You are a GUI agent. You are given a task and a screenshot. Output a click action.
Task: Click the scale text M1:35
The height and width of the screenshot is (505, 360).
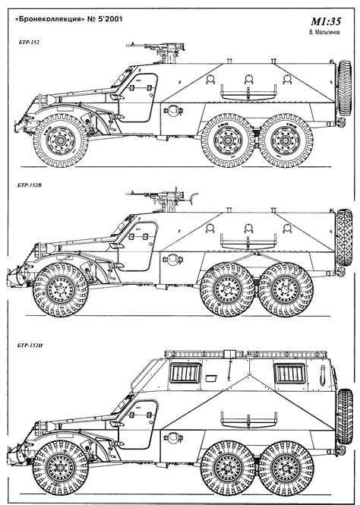point(326,21)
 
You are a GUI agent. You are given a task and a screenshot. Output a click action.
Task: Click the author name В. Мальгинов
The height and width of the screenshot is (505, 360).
point(324,32)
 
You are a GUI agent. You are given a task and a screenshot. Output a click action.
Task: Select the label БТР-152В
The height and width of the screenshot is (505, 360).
point(30,185)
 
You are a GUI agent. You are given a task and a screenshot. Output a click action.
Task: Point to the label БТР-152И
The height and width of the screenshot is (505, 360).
point(30,346)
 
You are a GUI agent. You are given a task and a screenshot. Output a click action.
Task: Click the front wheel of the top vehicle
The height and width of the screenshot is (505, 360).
point(60,140)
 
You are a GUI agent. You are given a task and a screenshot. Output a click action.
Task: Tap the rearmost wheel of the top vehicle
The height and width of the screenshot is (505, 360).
point(286,140)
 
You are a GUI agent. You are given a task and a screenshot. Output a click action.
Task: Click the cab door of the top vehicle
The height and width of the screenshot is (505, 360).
point(137,98)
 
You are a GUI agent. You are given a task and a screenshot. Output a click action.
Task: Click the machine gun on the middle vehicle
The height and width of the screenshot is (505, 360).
point(158,195)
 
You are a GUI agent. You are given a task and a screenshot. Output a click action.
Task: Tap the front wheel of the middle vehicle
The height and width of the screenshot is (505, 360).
point(60,289)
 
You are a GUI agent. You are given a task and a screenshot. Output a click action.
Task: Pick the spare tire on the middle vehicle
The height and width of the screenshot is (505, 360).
point(344,238)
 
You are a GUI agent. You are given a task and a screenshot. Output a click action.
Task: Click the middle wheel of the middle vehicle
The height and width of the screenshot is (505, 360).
point(228,289)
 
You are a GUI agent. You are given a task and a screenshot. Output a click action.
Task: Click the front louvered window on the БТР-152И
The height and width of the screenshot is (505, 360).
point(185,373)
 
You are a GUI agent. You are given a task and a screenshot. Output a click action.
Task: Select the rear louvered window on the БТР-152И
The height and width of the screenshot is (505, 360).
point(289,373)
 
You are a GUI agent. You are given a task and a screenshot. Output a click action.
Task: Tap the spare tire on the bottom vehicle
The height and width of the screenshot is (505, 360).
point(345,416)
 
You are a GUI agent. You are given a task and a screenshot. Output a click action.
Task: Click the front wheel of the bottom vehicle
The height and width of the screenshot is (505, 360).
point(60,468)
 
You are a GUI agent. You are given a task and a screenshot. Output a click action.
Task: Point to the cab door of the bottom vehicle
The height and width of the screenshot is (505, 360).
point(137,425)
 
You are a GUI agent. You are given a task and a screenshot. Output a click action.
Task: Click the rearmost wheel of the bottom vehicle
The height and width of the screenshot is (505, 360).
point(286,468)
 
